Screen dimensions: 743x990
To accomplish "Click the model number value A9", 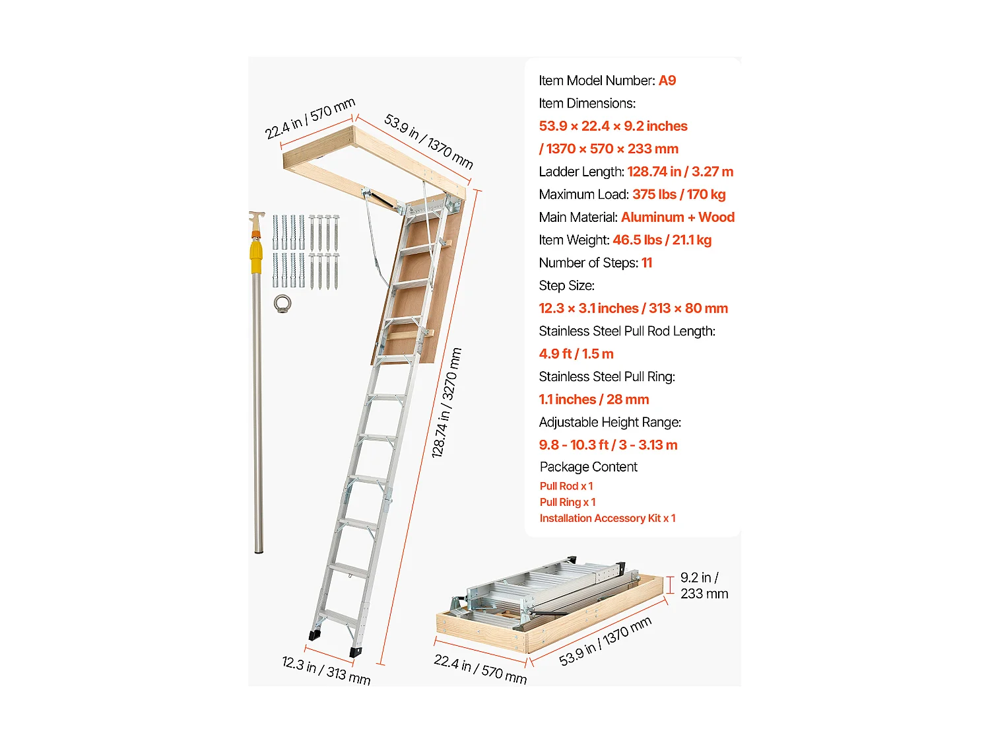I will tap(667, 81).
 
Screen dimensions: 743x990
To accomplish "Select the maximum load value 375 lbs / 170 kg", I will tap(678, 194).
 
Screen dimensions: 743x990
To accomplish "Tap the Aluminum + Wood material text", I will tap(677, 217).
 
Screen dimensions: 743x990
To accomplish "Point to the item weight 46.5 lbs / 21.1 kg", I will tap(661, 240).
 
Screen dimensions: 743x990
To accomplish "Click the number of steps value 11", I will tap(646, 263).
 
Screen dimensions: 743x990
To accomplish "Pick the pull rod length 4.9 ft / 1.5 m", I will tap(576, 354).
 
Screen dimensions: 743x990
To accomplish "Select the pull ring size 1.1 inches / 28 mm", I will tap(593, 400).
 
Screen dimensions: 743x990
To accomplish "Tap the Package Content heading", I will tap(588, 467).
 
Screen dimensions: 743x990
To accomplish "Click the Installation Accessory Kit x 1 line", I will tap(607, 518).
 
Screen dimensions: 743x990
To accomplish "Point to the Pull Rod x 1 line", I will tap(566, 486).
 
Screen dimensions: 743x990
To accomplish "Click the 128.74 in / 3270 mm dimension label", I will tap(446, 403).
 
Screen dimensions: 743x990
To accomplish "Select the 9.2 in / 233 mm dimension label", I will tap(704, 586).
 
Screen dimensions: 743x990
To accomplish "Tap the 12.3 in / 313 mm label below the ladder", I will tap(325, 670).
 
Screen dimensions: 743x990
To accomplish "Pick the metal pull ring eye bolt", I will tap(282, 304).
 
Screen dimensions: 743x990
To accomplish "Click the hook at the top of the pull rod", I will tap(256, 219).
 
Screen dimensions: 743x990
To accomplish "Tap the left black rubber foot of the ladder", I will tap(313, 635).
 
